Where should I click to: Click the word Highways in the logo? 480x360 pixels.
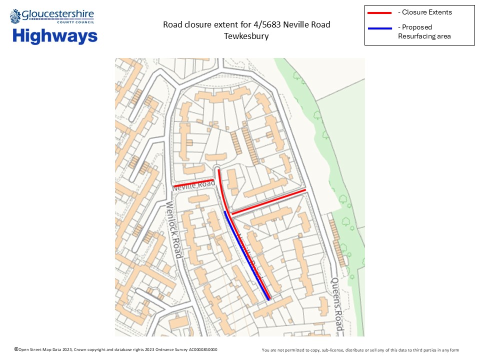[x=55, y=36]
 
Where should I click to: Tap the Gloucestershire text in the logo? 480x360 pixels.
[x=58, y=15]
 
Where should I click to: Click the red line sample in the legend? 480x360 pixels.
[x=380, y=12]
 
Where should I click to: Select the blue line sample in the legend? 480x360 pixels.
[x=380, y=28]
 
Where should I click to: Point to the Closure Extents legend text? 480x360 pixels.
[x=424, y=12]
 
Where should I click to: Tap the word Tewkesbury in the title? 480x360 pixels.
[x=246, y=36]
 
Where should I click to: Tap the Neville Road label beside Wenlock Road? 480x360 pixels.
[x=194, y=185]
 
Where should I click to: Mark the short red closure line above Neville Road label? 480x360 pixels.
[x=194, y=182]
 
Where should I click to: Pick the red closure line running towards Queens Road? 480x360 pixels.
[x=269, y=202]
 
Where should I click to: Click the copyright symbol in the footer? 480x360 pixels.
[x=16, y=349]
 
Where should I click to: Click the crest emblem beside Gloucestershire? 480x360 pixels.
[x=15, y=16]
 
